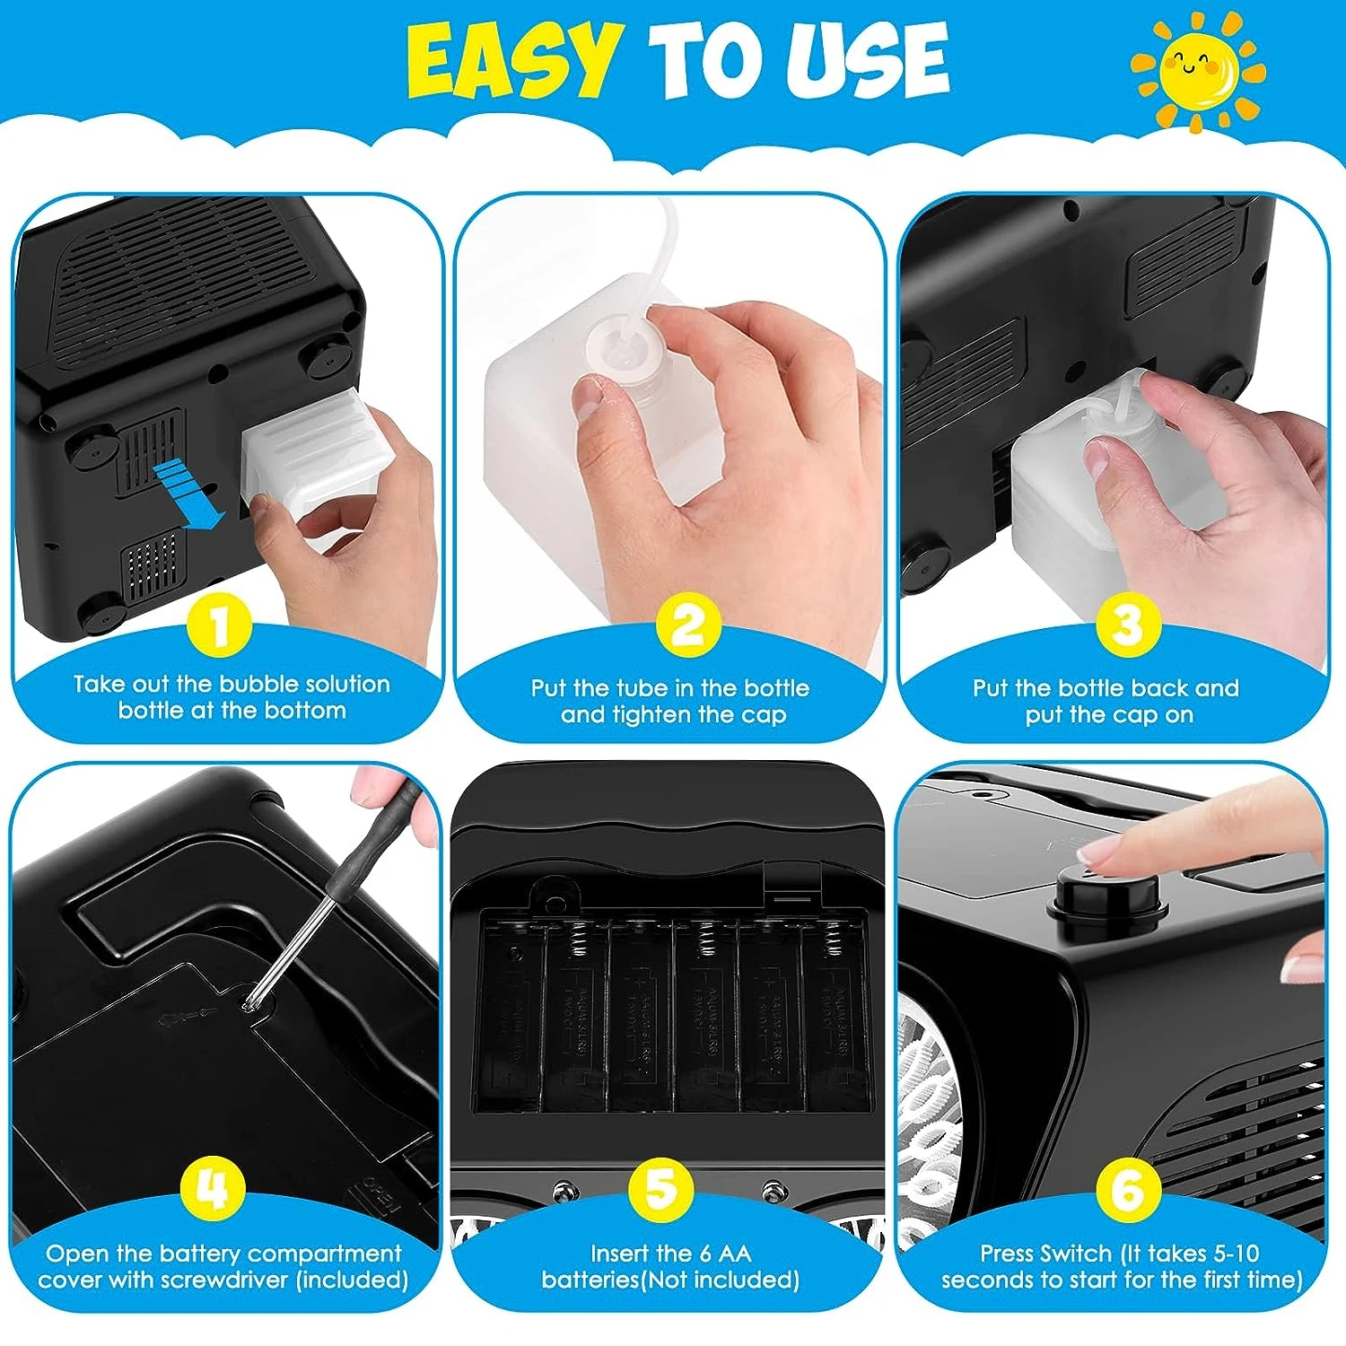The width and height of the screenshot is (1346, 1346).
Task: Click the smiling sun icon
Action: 1198,70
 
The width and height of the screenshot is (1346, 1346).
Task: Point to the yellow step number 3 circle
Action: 1128,625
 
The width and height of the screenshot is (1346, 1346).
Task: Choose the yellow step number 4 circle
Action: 213,1188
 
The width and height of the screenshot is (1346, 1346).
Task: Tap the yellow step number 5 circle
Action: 661,1188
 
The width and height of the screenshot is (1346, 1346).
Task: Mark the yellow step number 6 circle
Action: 1128,1188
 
